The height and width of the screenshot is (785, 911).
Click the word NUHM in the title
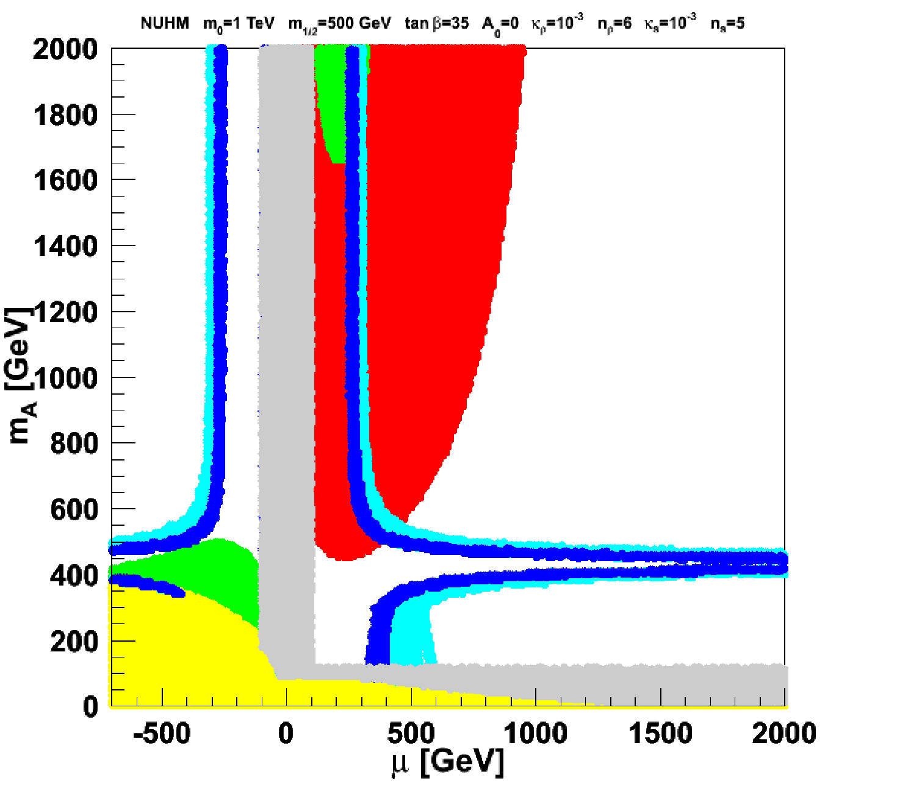tap(165, 23)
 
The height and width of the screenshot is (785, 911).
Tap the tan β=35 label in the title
tap(437, 23)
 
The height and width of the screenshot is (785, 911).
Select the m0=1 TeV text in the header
tap(239, 24)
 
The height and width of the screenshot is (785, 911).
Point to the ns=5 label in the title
tap(727, 24)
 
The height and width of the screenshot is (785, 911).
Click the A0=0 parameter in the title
tap(500, 25)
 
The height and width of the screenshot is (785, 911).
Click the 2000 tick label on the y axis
tap(65, 49)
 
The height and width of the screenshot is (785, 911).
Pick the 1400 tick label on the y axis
tap(65, 246)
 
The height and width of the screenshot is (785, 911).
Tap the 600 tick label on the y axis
tap(74, 510)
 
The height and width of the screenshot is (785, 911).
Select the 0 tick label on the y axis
tap(90, 707)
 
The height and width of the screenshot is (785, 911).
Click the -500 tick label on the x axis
tap(162, 733)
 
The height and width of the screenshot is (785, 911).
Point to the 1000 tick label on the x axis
tap(535, 733)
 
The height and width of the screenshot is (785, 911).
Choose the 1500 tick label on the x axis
tap(660, 733)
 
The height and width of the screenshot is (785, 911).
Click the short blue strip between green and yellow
tap(148, 584)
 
